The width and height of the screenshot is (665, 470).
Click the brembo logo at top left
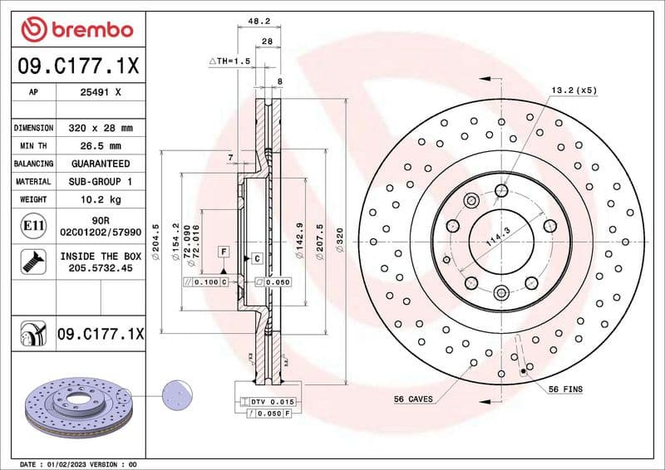coord(76,30)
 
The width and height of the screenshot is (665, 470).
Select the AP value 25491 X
coord(101,93)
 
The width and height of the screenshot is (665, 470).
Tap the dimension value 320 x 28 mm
coord(101,128)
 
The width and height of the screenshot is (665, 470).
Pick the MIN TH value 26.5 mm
coord(101,146)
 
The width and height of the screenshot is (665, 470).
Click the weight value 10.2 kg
coord(101,199)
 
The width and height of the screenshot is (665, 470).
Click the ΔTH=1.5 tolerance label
coord(229,61)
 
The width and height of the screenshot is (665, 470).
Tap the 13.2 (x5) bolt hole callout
coord(574,90)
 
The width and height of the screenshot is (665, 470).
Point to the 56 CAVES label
coord(413,399)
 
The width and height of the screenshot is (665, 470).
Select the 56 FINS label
coord(565,389)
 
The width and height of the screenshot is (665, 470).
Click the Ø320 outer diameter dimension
coord(339,240)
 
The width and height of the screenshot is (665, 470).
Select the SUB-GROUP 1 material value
coord(101,181)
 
